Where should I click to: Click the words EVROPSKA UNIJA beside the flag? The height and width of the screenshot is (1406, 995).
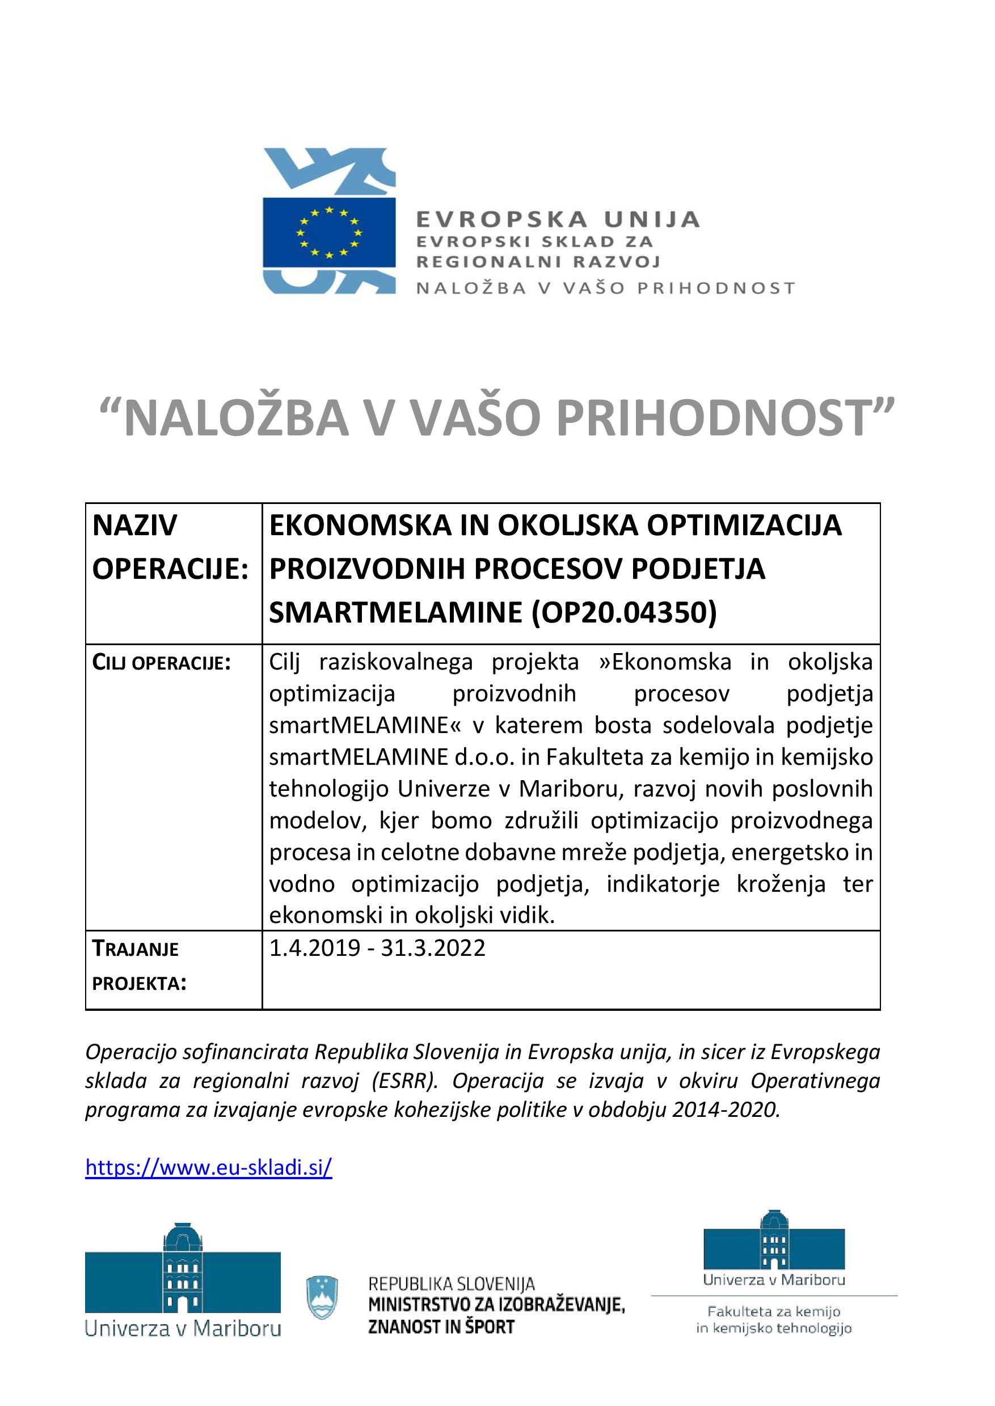coord(558,219)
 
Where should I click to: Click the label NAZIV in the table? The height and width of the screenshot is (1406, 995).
coord(135,526)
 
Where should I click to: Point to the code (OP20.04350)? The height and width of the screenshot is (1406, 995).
coord(625,612)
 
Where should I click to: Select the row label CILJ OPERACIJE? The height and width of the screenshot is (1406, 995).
coord(161,663)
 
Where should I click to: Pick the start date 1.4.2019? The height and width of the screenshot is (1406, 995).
coord(315,948)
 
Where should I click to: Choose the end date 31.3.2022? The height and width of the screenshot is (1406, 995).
coord(433,948)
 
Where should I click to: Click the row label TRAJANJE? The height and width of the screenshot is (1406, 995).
coord(136,949)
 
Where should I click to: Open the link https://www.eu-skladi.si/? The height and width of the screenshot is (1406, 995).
coord(209,1167)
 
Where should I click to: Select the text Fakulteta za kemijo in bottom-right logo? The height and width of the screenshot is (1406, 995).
coord(774,1311)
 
